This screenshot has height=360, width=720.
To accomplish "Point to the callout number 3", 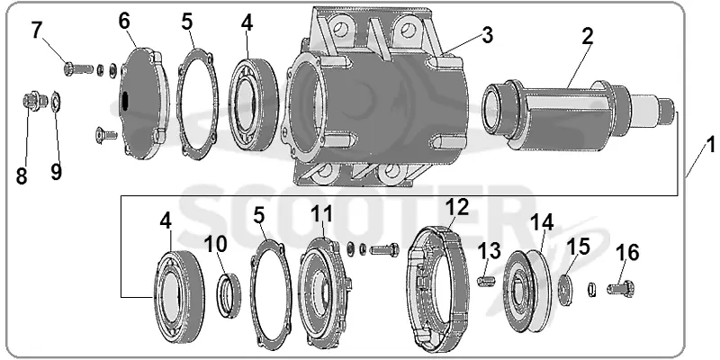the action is click(487, 35).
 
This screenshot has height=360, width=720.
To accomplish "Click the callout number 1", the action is click(711, 147).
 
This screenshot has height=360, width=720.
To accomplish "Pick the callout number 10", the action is click(215, 245).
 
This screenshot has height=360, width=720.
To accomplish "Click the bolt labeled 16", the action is click(621, 289).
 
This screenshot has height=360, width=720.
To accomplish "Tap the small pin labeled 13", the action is click(485, 280).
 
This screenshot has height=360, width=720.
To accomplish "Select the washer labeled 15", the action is click(565, 289).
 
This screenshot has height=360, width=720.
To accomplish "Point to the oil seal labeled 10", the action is click(229, 295).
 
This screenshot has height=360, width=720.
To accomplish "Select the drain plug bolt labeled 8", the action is click(33, 101).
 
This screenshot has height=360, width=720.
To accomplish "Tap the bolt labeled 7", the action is click(78, 69).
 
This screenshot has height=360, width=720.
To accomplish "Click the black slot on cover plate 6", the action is click(125, 101).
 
